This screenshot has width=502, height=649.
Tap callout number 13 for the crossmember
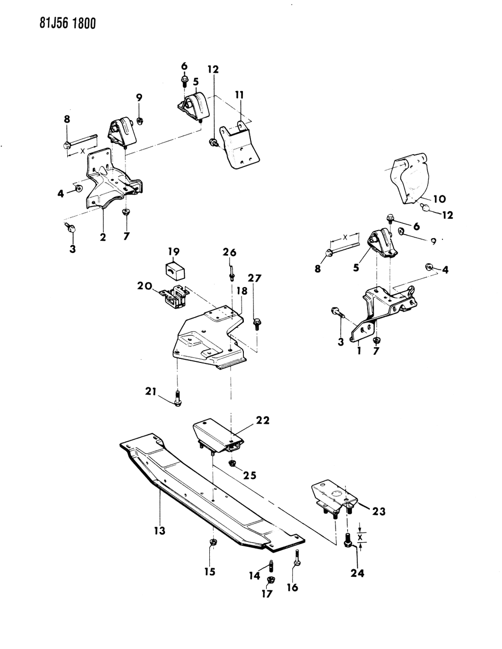click(159, 531)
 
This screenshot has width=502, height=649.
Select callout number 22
click(263, 420)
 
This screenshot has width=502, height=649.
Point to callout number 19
click(174, 251)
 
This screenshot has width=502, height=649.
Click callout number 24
click(357, 573)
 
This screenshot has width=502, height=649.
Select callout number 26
click(230, 251)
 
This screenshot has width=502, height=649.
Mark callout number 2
click(103, 237)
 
